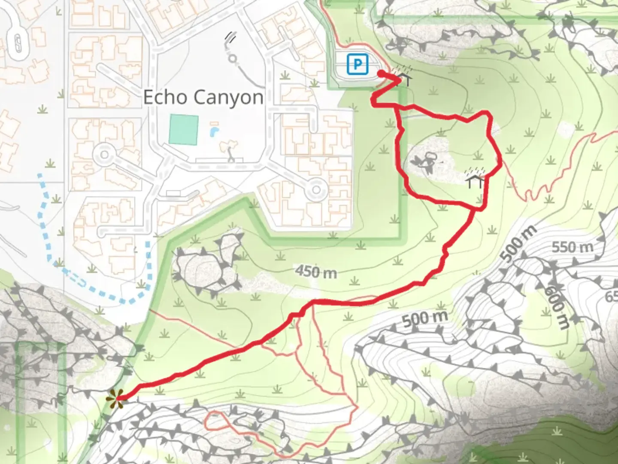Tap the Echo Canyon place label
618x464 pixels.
coord(203,98)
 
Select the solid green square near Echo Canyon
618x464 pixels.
coord(184,129)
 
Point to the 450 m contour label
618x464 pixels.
coord(316,271)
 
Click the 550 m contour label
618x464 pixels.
coord(573,247)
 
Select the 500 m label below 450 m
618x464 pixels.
coord(425,318)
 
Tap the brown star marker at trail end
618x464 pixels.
coord(115,399)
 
